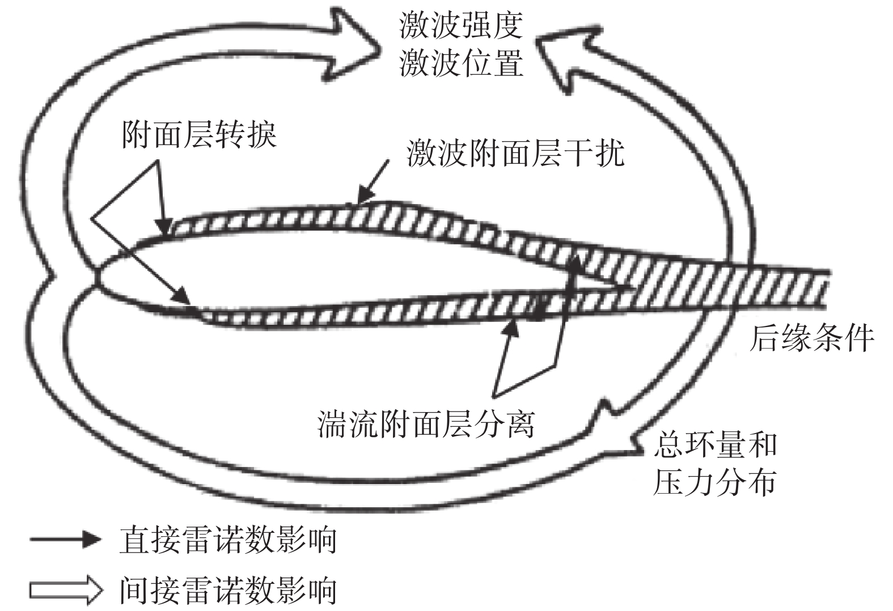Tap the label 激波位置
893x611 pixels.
coord(460,62)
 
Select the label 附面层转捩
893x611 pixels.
coord(199,135)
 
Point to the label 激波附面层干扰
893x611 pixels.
coord(515,153)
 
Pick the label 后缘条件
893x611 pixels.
coord(811,338)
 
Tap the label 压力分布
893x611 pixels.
coord(714,482)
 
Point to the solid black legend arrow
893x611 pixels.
coord(65,539)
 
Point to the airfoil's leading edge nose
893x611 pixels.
coord(97,278)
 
